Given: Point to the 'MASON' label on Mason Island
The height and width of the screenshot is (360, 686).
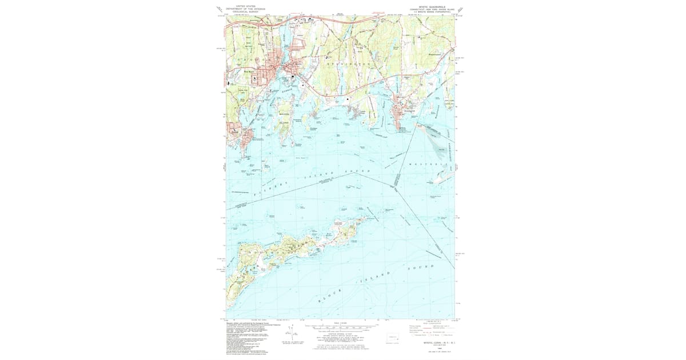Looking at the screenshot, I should tap(284, 114).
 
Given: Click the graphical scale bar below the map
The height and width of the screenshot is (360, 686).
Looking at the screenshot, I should tap(343, 328).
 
